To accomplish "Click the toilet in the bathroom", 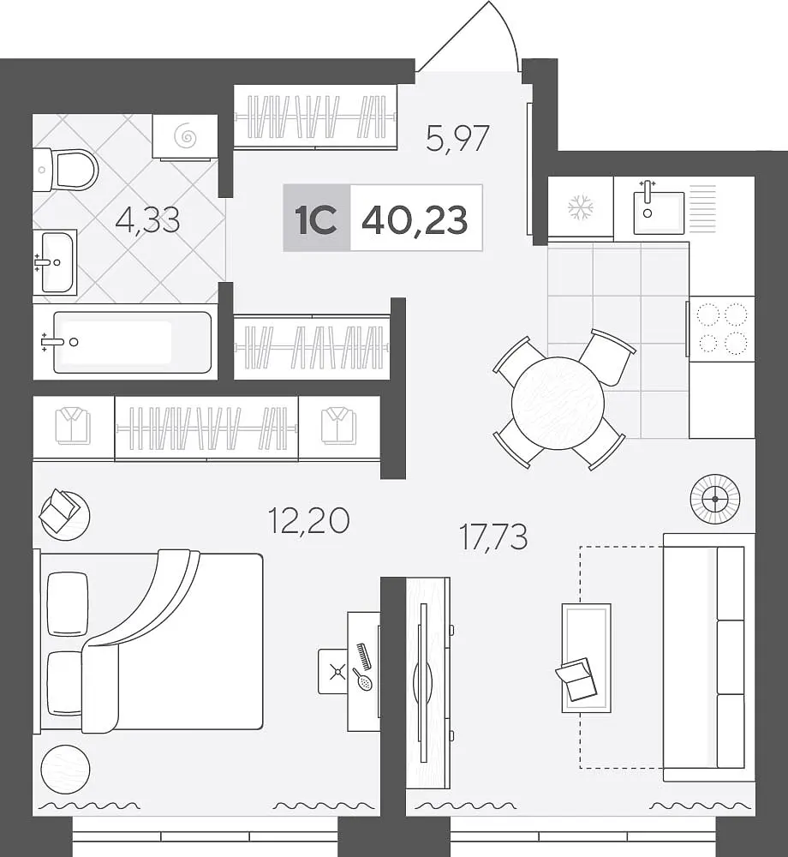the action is tap(66, 170).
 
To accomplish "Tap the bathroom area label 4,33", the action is tap(148, 220).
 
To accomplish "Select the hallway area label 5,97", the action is tap(457, 139).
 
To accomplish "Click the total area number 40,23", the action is tap(415, 219).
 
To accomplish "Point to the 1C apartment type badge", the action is tap(316, 219).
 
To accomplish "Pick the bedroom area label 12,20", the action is tap(308, 520).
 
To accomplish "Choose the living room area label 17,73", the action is tap(493, 536).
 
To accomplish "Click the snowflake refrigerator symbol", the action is tap(581, 207).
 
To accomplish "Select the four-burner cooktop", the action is tap(721, 328).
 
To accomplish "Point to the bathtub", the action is tap(133, 342).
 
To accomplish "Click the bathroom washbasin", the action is tap(55, 262).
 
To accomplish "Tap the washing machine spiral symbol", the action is tap(186, 136).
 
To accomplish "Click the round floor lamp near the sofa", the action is tap(715, 499).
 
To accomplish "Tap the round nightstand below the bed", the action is tap(66, 769).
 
